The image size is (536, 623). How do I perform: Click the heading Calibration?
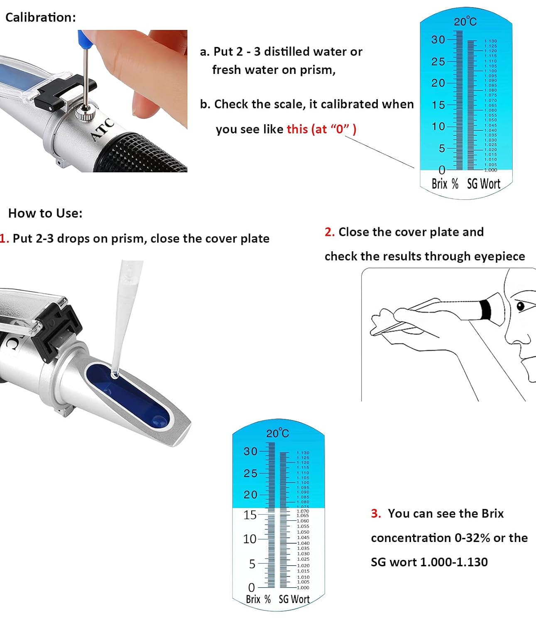(x=41, y=17)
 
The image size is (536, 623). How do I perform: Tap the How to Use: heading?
(x=45, y=213)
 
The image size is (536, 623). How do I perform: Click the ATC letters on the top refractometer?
(x=102, y=130)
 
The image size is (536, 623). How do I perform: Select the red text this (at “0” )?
(x=321, y=129)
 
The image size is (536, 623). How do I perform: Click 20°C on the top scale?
(x=465, y=22)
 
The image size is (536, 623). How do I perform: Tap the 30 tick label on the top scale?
(x=438, y=40)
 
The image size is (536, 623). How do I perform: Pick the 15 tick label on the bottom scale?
(x=250, y=515)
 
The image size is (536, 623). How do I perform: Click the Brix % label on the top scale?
(x=445, y=184)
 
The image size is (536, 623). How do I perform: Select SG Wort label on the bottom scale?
(x=294, y=599)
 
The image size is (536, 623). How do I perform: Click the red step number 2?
(x=329, y=232)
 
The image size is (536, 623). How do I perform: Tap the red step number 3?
(x=376, y=514)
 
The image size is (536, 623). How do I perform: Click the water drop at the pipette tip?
(x=115, y=375)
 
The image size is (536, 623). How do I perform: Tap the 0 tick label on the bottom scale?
(x=251, y=588)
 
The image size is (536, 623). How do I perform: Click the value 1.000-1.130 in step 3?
(x=454, y=562)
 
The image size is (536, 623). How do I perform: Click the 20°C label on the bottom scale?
(x=277, y=434)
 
